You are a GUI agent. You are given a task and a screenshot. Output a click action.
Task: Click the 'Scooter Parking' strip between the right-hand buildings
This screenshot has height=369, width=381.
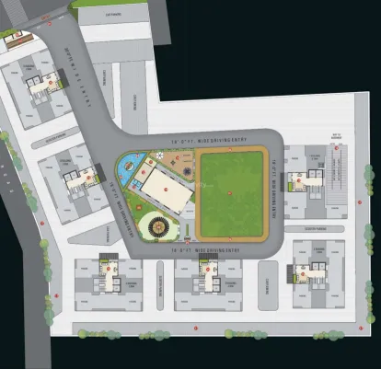click(x=306, y=226)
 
